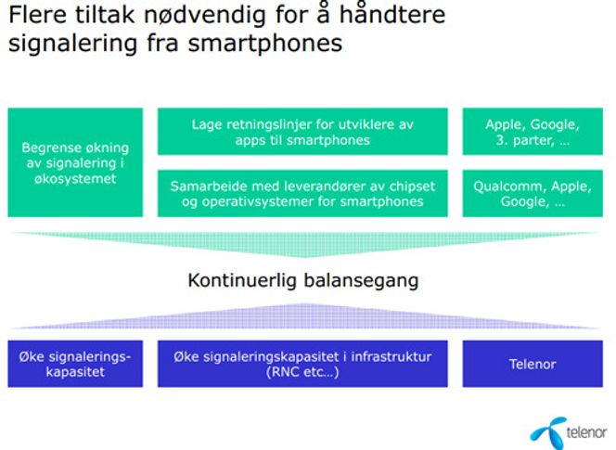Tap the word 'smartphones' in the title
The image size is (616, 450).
(x=265, y=44)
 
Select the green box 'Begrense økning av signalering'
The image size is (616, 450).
(x=75, y=162)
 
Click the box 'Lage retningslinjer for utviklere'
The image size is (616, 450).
(x=302, y=132)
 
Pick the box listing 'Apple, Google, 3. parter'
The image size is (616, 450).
(x=533, y=132)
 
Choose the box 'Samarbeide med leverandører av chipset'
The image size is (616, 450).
(x=302, y=193)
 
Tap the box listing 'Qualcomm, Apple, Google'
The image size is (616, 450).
(x=533, y=193)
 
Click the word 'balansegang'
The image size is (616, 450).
(x=362, y=281)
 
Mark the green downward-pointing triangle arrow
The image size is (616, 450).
(x=305, y=244)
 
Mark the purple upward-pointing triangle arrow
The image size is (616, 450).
(x=305, y=316)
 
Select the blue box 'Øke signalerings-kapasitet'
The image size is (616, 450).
(x=75, y=364)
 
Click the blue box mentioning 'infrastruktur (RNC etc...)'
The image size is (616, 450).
(x=302, y=364)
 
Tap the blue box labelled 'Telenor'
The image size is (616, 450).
(x=533, y=364)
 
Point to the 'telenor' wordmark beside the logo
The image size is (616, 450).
(x=586, y=432)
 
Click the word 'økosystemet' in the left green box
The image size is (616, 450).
(x=75, y=179)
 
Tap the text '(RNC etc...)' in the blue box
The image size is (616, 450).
(x=302, y=372)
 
